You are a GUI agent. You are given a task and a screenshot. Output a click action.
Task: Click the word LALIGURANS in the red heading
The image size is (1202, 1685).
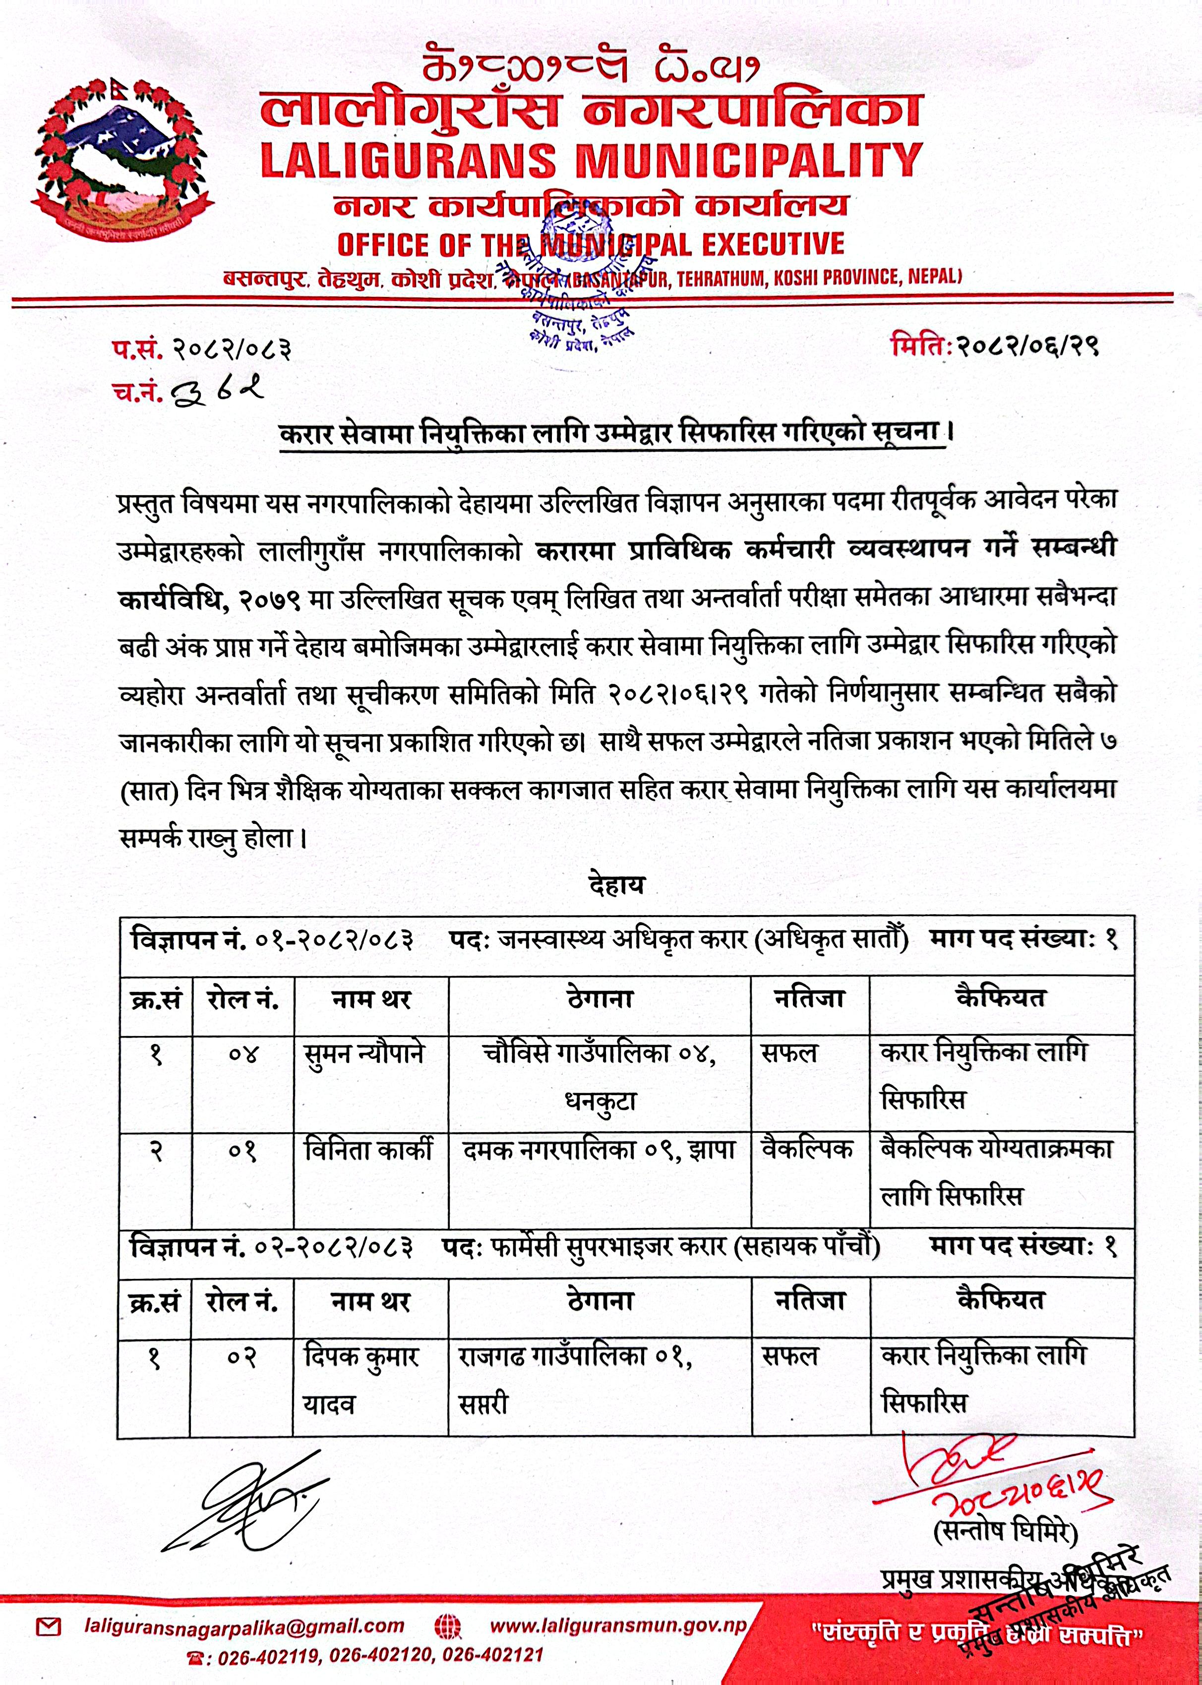[408, 161]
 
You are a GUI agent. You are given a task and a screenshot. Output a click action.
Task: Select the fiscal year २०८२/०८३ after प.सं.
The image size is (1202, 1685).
[231, 348]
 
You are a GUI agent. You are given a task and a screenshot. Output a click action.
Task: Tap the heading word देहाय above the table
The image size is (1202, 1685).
[616, 886]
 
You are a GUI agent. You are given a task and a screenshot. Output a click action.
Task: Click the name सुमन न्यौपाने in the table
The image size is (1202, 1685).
[364, 1054]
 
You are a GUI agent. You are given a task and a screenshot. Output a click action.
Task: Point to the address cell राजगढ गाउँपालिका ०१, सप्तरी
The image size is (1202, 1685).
[576, 1380]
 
